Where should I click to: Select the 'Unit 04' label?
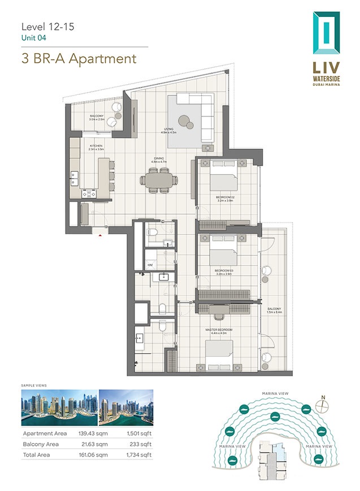click(33, 38)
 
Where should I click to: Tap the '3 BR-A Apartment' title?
click(79, 58)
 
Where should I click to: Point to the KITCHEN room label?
click(96, 146)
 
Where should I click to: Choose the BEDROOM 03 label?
click(224, 271)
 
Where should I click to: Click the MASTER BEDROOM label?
click(219, 330)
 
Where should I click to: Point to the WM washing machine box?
click(150, 264)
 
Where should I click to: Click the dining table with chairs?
click(159, 181)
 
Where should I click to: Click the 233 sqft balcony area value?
click(142, 444)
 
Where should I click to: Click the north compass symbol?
click(323, 405)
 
